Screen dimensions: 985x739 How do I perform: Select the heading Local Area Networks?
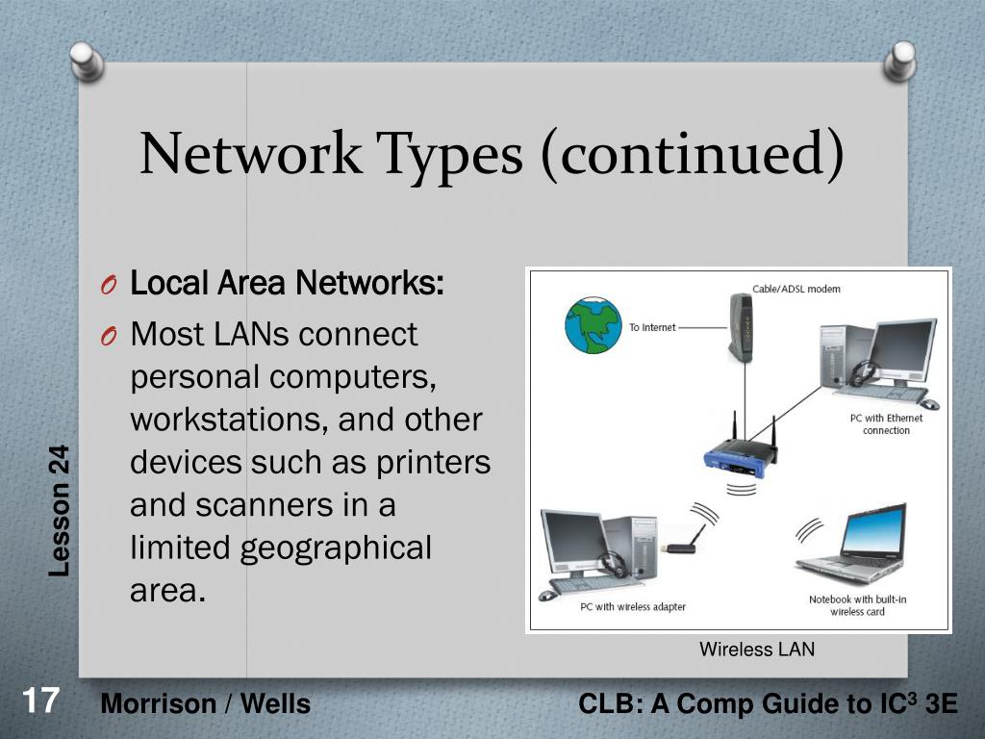pyautogui.click(x=287, y=284)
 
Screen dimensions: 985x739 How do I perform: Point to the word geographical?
pyautogui.click(x=336, y=548)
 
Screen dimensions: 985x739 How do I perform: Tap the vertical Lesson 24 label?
pyautogui.click(x=61, y=511)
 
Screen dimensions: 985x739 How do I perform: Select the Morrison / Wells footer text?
pyautogui.click(x=206, y=704)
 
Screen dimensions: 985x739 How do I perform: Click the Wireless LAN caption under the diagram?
pyautogui.click(x=757, y=650)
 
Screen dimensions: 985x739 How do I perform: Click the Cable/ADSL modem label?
pyautogui.click(x=796, y=289)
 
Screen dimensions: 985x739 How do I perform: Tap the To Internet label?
pyautogui.click(x=652, y=328)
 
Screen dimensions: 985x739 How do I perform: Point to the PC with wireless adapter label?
pyautogui.click(x=633, y=607)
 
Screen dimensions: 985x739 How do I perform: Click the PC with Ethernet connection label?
pyautogui.click(x=886, y=424)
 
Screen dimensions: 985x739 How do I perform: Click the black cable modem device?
pyautogui.click(x=739, y=328)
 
